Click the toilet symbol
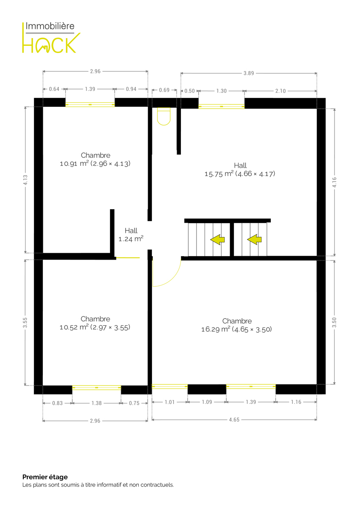[164, 116]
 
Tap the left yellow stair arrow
[217, 240]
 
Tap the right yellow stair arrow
[254, 240]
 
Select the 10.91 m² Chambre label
[95, 159]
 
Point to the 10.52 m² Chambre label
[95, 323]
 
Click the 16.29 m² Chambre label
[236, 325]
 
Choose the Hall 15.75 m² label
[240, 170]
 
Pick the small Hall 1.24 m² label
[131, 235]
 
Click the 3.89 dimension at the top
[249, 73]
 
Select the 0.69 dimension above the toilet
[164, 90]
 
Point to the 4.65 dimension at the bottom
[234, 420]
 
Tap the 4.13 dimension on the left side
[25, 180]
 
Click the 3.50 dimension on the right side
[334, 322]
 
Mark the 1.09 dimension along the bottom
[207, 402]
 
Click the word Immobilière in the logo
[50, 26]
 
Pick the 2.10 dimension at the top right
[281, 91]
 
